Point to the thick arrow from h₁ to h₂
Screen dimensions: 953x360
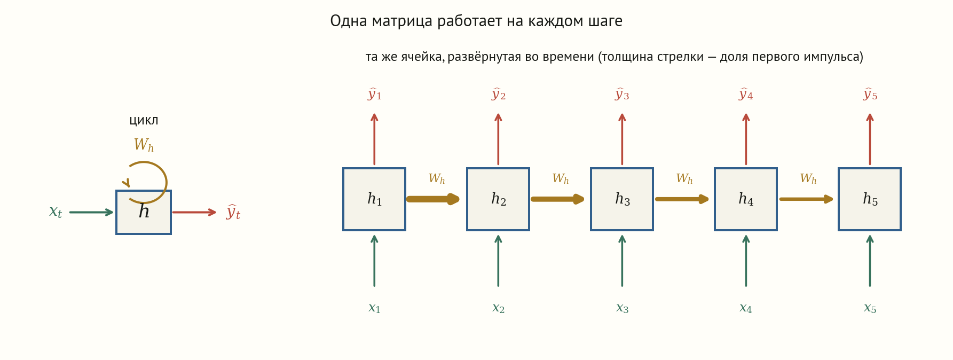pos(433,199)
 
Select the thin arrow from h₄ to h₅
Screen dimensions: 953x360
pos(806,199)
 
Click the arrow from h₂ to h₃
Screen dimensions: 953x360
pos(557,199)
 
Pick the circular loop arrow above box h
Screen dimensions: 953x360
pos(166,182)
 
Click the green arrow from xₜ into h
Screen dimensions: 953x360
pos(91,212)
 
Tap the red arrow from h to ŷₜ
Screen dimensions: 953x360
pos(194,212)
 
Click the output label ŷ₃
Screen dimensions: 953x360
pos(622,95)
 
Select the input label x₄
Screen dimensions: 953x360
pos(746,308)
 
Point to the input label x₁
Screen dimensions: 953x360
pos(374,308)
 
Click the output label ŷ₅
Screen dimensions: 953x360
pos(870,95)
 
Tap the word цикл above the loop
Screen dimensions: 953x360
pos(144,121)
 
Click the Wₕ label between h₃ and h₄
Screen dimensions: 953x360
pos(684,179)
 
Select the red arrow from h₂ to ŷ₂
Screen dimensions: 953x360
pos(498,139)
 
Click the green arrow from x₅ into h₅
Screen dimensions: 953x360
pos(870,261)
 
